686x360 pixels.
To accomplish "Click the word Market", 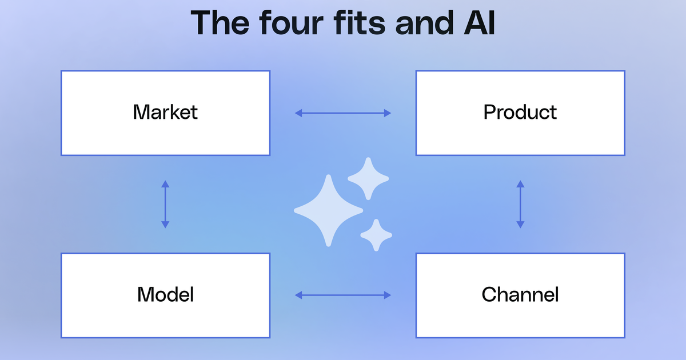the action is coord(165,112).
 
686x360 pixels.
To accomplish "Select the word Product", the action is coord(520,112).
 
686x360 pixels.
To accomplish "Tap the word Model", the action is coord(165,294).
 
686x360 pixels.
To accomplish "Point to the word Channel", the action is coord(520,294).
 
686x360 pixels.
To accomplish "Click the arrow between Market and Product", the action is coord(342,113).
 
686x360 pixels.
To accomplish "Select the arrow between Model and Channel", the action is coord(342,295).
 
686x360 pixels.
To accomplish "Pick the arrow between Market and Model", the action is coord(165,204).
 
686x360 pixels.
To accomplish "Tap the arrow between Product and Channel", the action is coord(520,204).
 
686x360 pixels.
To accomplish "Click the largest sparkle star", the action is coord(328,211).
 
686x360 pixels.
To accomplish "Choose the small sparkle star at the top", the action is coord(368,178).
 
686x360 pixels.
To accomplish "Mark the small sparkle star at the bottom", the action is coord(376,235).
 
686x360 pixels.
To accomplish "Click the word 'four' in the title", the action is coord(291,23).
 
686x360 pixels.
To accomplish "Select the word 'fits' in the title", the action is coord(360,23).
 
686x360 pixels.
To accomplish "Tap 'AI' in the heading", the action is coord(480,23).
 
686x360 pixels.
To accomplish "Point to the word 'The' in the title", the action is coord(220,23).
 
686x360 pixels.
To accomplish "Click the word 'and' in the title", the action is coord(424,23).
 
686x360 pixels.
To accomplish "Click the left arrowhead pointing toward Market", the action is coord(298,113).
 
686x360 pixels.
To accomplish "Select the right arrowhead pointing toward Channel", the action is coord(388,295).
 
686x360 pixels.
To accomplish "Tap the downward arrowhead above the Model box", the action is coord(165,225).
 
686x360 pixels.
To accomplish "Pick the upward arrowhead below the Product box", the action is coord(520,184).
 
